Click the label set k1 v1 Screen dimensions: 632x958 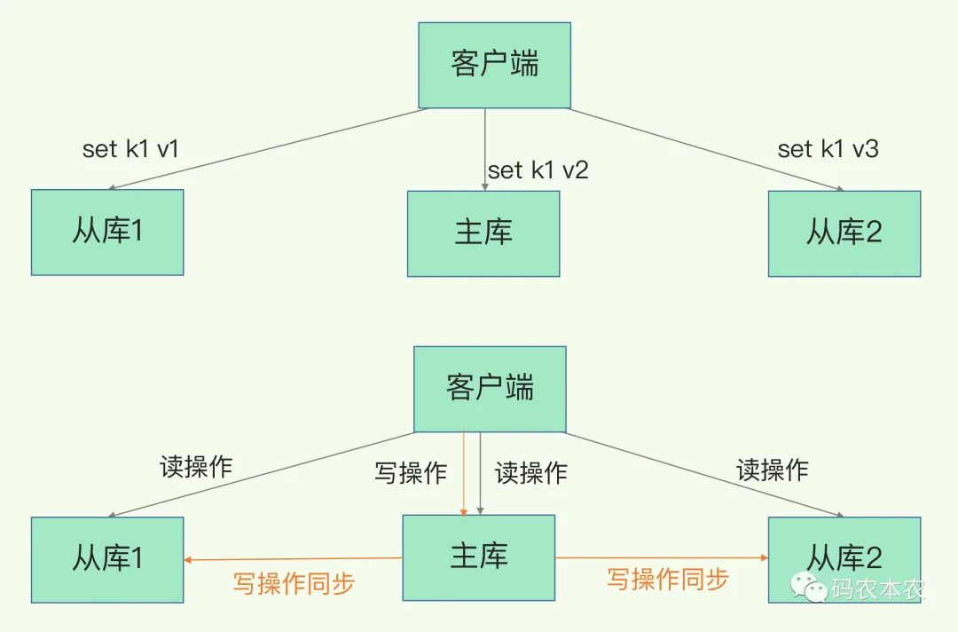pos(130,149)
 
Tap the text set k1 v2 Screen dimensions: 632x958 pos(538,170)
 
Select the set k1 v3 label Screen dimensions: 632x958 pos(828,149)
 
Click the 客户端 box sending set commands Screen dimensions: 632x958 pos(494,65)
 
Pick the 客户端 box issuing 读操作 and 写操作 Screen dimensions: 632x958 pos(490,388)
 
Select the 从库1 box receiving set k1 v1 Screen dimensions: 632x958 pos(107,233)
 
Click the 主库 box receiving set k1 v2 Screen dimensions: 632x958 pos(483,233)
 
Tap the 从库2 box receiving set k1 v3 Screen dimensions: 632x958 pos(844,233)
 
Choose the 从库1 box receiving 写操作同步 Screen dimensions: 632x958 pos(107,559)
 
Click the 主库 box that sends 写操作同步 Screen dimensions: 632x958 pos(479,557)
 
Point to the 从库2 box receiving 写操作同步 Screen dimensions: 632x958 pos(844,559)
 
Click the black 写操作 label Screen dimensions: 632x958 pos(410,472)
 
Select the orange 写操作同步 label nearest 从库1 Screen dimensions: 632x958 pos(294,583)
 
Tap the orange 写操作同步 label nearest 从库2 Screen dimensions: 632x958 pos(667,580)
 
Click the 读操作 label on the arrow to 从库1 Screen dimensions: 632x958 pos(196,467)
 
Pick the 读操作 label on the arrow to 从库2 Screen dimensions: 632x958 pos(773,470)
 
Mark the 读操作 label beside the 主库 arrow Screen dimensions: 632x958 pos(530,472)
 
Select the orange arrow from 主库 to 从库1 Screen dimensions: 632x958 pos(293,559)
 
